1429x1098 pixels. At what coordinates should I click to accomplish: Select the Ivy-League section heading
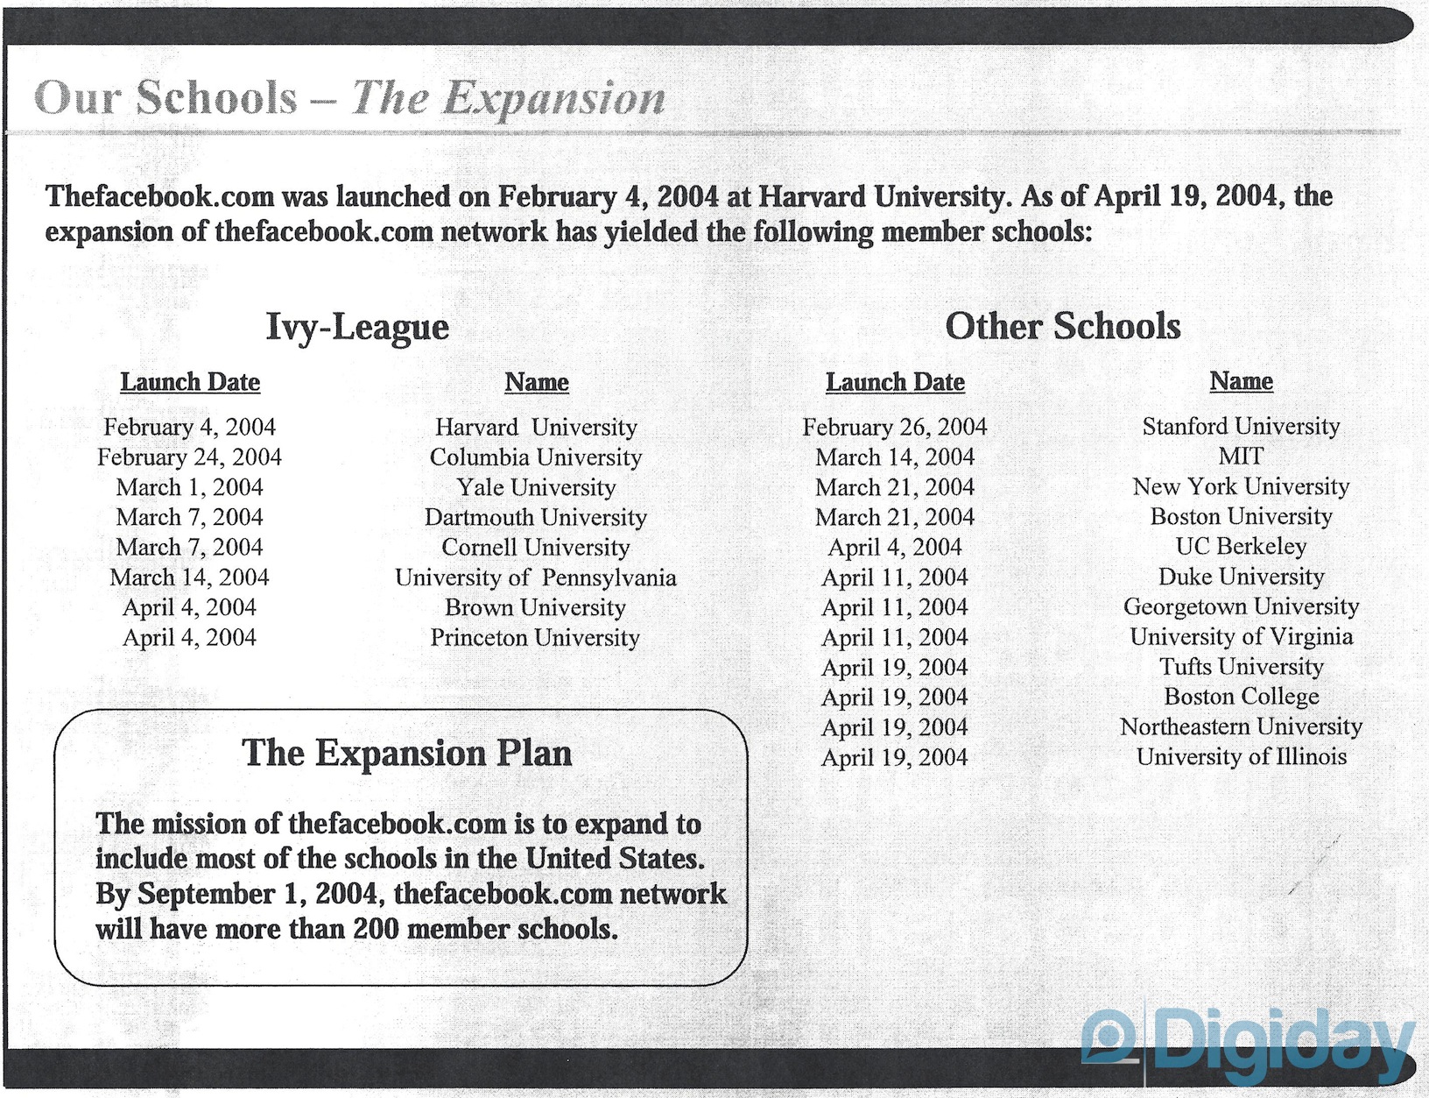click(x=357, y=327)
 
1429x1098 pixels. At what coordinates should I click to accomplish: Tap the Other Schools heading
click(x=1062, y=326)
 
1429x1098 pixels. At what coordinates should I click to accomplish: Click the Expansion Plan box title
click(x=406, y=753)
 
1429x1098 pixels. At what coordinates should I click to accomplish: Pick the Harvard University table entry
click(x=536, y=427)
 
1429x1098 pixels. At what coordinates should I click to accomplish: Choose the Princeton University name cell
click(x=535, y=638)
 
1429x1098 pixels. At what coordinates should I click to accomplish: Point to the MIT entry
click(x=1241, y=457)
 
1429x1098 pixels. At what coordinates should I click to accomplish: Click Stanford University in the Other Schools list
click(x=1241, y=426)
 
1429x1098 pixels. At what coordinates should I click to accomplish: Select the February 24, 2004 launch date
click(x=189, y=457)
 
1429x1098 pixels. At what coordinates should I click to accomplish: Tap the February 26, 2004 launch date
click(x=894, y=427)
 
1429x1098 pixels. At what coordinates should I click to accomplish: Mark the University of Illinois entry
click(x=1241, y=756)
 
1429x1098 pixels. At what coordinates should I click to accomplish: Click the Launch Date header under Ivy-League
click(x=190, y=382)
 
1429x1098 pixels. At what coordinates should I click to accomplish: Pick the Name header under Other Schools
click(x=1241, y=381)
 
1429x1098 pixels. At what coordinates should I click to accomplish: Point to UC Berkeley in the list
click(x=1241, y=547)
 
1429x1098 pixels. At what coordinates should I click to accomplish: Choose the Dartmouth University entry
click(x=536, y=517)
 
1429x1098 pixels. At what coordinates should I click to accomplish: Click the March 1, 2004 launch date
click(x=189, y=487)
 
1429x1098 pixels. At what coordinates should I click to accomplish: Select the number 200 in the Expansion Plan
click(x=377, y=929)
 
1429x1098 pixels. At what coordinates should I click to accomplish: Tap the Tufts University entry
click(x=1241, y=667)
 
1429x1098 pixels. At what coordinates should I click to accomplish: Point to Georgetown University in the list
click(x=1241, y=606)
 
